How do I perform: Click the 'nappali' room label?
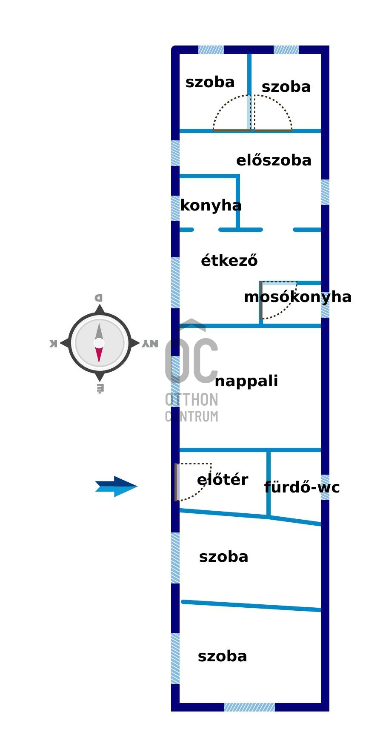pos(246,381)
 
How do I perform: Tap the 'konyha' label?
pos(211,205)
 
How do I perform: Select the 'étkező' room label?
pos(229,260)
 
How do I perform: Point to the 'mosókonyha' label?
pos(297,297)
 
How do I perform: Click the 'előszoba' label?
pos(274,160)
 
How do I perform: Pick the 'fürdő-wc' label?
pos(302,487)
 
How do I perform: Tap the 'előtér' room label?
pos(222,480)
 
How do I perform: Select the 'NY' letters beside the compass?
pos(150,343)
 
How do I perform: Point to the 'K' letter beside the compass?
pos(53,343)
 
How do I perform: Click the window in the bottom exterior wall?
pos(249,707)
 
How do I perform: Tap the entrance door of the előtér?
pos(176,482)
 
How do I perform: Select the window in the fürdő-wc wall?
pos(325,487)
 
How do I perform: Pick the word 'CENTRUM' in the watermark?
pos(191,416)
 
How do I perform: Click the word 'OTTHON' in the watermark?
pos(191,400)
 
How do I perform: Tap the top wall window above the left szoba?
pos(211,50)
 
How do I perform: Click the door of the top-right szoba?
pos(273,130)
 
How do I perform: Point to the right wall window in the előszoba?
pos(325,192)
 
